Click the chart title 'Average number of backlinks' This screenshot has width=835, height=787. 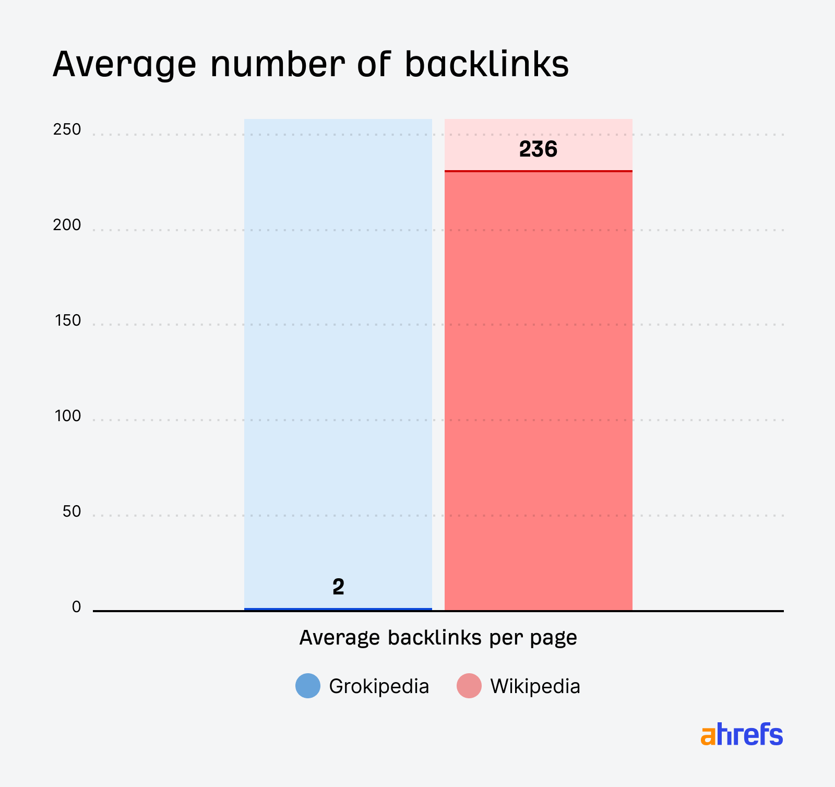(x=311, y=65)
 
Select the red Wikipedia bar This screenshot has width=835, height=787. (x=538, y=391)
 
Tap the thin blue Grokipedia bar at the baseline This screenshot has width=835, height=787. (x=338, y=609)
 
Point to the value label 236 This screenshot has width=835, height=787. (x=538, y=150)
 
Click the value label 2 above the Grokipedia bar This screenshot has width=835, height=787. (x=338, y=588)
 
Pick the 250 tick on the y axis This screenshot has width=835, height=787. (x=67, y=129)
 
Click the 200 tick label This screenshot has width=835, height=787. (x=67, y=225)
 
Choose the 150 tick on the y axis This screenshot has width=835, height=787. (x=68, y=320)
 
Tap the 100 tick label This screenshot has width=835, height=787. (x=68, y=416)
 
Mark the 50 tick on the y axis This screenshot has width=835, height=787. (x=72, y=511)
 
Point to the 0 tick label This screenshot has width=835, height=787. (x=77, y=607)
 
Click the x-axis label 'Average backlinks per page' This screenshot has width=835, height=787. (x=438, y=638)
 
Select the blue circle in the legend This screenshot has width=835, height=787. (x=308, y=686)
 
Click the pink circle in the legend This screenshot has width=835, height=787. (x=469, y=686)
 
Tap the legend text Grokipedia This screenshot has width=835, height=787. (x=379, y=686)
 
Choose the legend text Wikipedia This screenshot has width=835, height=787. (x=535, y=686)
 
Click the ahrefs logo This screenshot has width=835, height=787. (x=742, y=734)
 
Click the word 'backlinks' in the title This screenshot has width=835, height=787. (x=486, y=65)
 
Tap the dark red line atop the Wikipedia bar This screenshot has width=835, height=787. (x=538, y=171)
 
